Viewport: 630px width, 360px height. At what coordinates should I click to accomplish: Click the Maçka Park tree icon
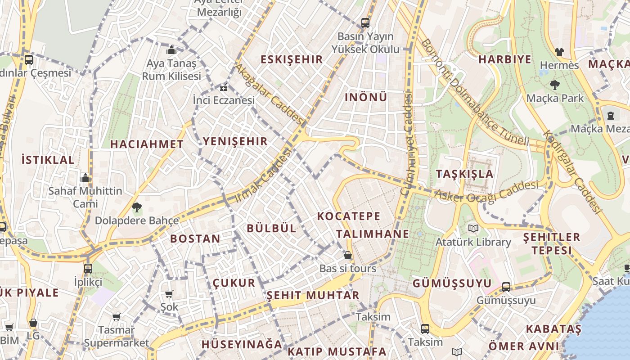(554, 85)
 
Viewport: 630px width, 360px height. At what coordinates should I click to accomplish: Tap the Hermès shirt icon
(559, 52)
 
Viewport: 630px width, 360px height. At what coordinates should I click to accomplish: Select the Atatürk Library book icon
(473, 229)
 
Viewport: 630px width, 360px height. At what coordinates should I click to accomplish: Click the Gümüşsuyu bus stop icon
(506, 287)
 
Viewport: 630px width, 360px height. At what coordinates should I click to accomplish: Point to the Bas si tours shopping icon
(347, 255)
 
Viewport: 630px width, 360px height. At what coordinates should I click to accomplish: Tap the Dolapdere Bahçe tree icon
(136, 207)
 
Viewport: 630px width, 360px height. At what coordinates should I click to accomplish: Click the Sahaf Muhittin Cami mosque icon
(85, 178)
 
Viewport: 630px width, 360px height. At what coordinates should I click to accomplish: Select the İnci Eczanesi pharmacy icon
(224, 87)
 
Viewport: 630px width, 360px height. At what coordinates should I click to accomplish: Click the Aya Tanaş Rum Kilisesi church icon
(171, 50)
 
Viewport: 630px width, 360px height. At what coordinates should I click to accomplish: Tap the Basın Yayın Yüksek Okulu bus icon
(365, 22)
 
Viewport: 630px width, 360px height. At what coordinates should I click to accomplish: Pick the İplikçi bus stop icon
(88, 269)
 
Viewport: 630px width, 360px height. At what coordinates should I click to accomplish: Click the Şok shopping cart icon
(169, 294)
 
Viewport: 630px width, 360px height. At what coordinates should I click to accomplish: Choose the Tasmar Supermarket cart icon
(117, 317)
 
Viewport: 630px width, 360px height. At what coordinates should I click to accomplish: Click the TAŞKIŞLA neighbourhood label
(464, 174)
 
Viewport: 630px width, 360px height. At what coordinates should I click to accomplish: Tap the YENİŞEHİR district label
(235, 141)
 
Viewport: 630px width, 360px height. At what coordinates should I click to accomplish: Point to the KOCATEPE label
(349, 216)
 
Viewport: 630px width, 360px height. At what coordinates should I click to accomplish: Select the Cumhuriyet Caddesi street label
(407, 144)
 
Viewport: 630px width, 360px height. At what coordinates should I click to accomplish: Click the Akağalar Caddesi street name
(270, 94)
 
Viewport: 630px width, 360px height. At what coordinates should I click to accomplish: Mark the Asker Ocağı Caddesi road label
(486, 191)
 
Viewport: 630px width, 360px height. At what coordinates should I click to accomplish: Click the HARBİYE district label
(504, 59)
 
